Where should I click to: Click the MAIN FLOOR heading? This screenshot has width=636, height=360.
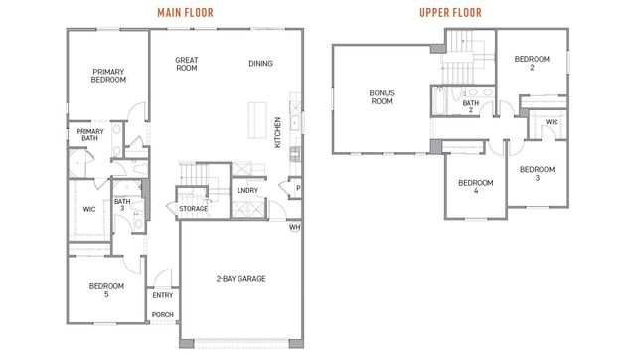(186, 12)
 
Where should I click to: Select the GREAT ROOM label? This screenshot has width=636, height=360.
(187, 65)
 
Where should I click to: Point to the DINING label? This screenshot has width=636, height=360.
(261, 65)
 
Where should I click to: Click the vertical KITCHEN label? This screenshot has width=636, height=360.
(277, 132)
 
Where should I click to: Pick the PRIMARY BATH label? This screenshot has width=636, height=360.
(89, 136)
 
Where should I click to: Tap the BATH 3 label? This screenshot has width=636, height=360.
(122, 206)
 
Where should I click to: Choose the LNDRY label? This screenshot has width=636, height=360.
(247, 190)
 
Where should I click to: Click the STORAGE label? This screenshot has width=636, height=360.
(194, 209)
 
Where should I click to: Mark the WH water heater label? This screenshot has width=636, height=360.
(294, 227)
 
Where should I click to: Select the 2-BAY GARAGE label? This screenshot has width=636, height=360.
(240, 279)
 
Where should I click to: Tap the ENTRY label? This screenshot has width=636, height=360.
(161, 295)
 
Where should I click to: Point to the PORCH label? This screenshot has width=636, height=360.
(161, 316)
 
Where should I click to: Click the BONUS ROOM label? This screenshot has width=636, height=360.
(383, 97)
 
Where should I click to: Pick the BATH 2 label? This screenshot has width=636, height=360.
(471, 106)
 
